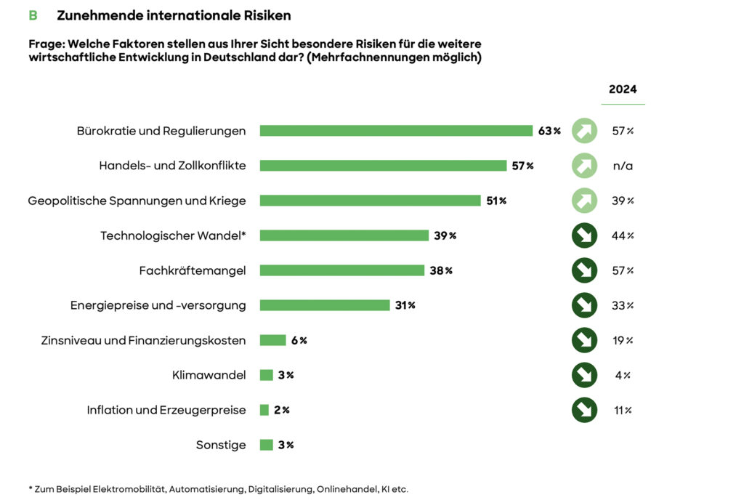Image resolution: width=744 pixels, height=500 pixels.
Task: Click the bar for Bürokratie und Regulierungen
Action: point(396,131)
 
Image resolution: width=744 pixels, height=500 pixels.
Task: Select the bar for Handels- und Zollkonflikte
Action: point(383,166)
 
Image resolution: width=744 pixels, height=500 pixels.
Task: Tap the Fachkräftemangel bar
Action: point(341,270)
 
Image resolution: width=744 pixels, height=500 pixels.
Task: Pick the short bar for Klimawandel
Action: point(266,375)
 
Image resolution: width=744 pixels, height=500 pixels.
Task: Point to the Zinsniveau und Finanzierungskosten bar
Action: point(272,340)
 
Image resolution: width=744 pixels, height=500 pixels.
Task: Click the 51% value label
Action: point(496,201)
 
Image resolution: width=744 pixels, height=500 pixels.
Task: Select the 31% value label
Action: point(405,305)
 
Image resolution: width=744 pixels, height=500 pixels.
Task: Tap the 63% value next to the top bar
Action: point(549,131)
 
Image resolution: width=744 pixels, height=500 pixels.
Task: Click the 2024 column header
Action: point(623,89)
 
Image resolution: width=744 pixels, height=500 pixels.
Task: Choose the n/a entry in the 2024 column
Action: point(623,166)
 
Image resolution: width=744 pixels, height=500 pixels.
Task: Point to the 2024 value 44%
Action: point(623,235)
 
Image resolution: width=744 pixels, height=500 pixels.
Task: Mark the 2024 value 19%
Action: point(623,340)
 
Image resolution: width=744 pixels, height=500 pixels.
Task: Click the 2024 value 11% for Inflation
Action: point(623,410)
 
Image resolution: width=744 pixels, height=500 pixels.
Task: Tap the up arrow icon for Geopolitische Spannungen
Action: point(584,201)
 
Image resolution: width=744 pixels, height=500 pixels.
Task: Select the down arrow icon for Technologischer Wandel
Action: point(584,235)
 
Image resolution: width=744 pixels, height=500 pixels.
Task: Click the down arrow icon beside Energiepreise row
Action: point(584,305)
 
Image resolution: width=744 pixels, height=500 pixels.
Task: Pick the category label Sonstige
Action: point(221,445)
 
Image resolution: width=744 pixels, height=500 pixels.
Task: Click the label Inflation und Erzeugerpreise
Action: point(166,410)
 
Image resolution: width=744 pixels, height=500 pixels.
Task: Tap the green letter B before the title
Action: point(33,15)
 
